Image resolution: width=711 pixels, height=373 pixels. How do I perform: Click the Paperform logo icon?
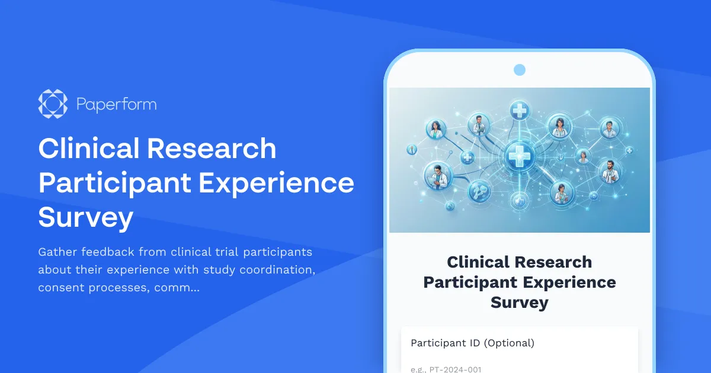pos(53,104)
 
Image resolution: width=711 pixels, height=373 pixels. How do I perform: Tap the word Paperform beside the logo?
pos(116,105)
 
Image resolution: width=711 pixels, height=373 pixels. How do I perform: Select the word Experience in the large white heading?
pos(276,184)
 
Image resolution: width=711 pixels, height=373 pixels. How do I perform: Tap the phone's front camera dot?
pos(520,70)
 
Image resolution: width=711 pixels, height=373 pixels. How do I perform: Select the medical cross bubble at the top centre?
pos(520,111)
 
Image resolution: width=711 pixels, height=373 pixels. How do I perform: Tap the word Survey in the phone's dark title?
pos(520,303)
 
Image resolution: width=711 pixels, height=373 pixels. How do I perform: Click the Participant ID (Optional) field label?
pos(472,343)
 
